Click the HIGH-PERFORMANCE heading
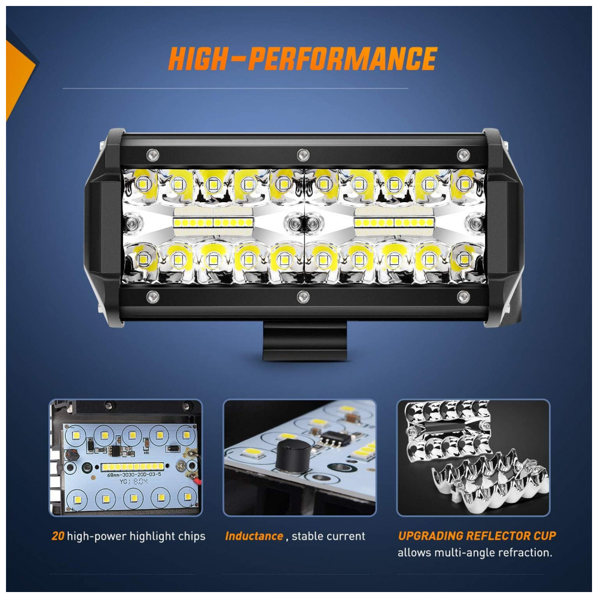click(303, 59)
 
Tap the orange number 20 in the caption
click(58, 536)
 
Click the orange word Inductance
click(254, 536)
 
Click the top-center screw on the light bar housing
click(303, 155)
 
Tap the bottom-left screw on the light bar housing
click(153, 297)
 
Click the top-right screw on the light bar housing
click(463, 155)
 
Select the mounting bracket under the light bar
click(305, 341)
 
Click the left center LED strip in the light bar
click(213, 222)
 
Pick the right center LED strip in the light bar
click(394, 222)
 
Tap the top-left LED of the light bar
click(144, 184)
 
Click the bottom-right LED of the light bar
click(464, 260)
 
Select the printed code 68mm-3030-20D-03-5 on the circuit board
click(134, 475)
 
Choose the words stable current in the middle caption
click(328, 536)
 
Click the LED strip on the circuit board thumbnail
click(132, 466)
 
